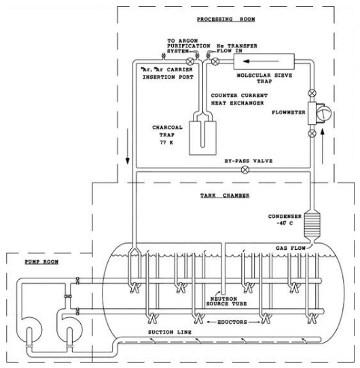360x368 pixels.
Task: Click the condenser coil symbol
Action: (313, 221)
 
